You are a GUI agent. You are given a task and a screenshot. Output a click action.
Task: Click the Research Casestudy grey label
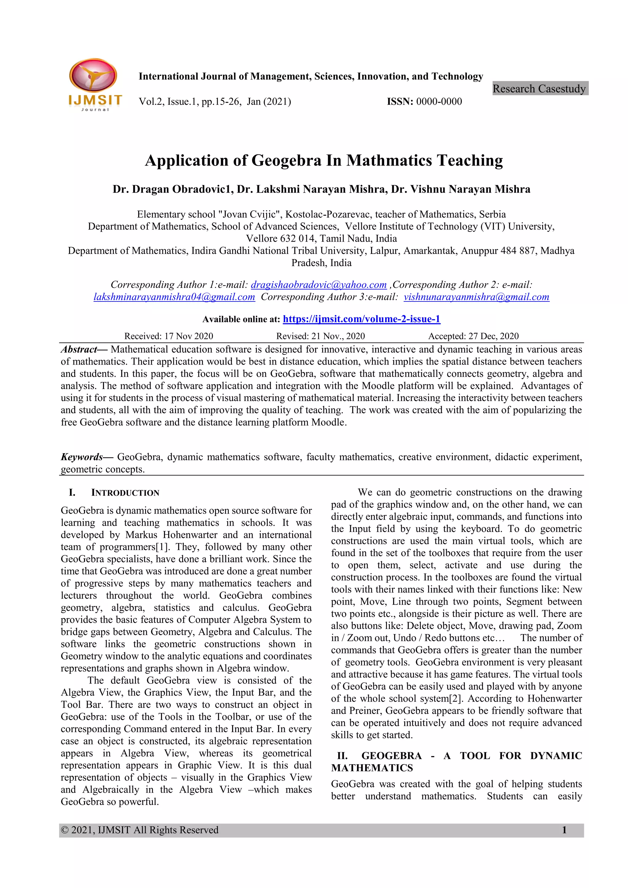tap(539, 89)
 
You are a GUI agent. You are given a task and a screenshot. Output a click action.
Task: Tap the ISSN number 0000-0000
tap(439, 102)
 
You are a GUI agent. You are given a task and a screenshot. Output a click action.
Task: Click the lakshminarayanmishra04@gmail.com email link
tap(174, 297)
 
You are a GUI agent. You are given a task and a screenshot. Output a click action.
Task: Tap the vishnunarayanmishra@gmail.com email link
tap(477, 297)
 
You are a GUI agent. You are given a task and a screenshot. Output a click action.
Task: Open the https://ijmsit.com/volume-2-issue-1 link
tap(362, 319)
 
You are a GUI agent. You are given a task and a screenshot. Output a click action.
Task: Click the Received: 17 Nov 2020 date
tap(169, 336)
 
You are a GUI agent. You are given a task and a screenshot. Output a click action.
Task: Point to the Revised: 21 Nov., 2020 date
tap(320, 336)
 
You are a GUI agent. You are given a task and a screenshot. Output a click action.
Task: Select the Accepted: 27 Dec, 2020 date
tap(473, 336)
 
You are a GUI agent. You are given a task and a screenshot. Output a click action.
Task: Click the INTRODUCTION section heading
tap(125, 493)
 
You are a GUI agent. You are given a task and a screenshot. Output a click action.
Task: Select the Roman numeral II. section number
tap(342, 756)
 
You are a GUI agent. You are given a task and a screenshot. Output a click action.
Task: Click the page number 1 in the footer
tap(564, 830)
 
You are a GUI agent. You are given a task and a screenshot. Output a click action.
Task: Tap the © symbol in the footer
tap(65, 830)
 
